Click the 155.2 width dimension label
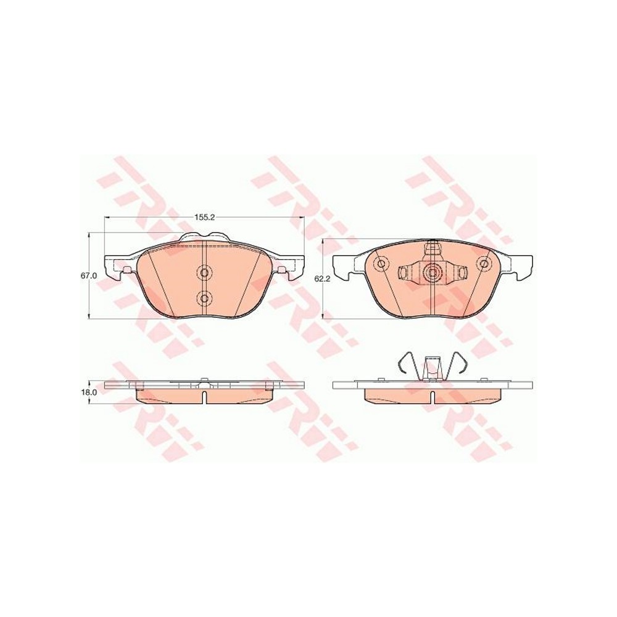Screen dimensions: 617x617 point(204,217)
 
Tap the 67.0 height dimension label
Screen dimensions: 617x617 point(88,276)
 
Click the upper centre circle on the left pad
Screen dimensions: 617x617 point(204,272)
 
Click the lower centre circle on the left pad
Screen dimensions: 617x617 point(204,298)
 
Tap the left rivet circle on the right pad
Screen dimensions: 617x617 point(381,263)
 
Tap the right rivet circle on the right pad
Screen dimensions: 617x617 point(484,263)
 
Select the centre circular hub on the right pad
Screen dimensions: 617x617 point(433,271)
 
